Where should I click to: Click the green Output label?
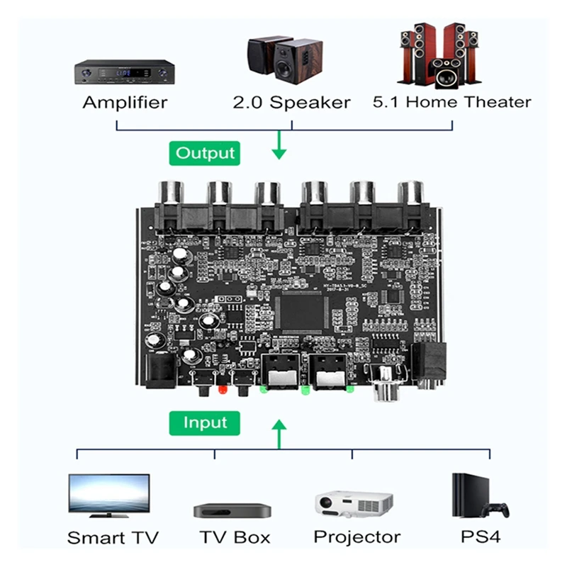coord(205,152)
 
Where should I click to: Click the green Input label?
coord(205,422)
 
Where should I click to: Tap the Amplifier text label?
coord(125,102)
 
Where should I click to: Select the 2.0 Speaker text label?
coord(291,102)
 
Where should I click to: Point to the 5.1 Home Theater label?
coord(451,101)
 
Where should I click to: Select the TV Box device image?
coord(232,510)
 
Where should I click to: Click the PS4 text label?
coord(480,537)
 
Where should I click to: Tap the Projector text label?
coord(357,537)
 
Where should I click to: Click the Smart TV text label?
coord(113,537)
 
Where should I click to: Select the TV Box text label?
coord(234,537)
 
